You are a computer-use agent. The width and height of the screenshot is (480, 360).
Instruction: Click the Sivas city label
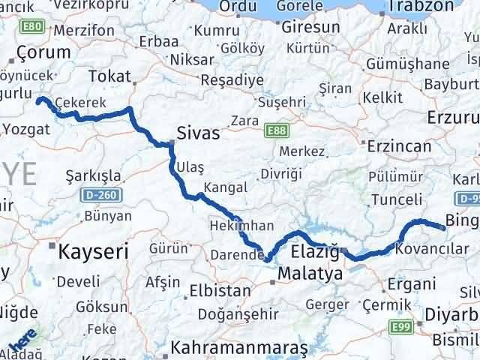(x=199, y=133)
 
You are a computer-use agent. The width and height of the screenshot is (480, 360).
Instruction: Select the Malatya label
(x=310, y=274)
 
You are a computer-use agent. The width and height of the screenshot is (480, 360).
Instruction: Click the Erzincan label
(x=396, y=142)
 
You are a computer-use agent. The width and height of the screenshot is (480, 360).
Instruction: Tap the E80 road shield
(x=31, y=27)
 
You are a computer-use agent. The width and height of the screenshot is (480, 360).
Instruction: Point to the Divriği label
(x=280, y=174)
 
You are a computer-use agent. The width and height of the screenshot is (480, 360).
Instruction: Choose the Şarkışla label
(x=94, y=175)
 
